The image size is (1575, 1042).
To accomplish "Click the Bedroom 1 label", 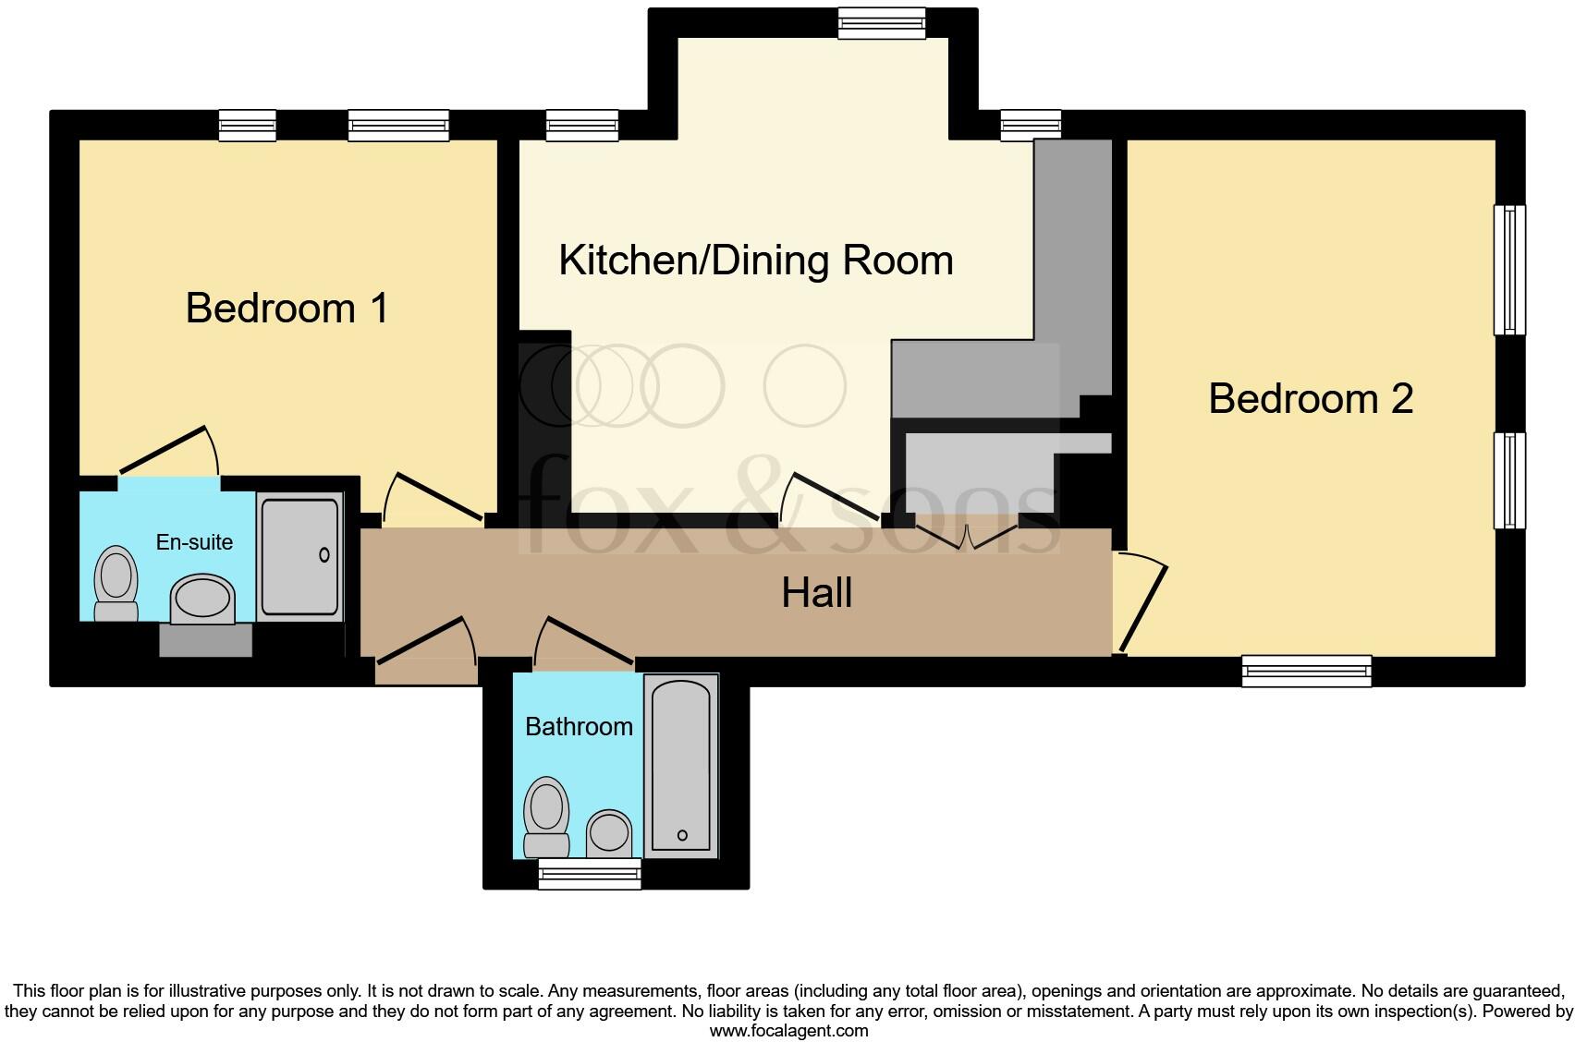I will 287,308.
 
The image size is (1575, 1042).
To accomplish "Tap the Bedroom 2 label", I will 1310,398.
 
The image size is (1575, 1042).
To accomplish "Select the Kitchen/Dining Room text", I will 755,260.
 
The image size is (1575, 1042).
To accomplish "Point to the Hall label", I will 816,592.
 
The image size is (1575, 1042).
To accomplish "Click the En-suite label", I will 194,542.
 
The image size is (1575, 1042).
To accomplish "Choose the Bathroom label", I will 579,726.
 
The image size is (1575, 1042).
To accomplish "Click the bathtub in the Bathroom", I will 681,765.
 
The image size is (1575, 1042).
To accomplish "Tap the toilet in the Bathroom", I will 545,817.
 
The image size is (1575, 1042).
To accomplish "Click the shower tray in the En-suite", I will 299,556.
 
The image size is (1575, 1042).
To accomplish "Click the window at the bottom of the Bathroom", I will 590,873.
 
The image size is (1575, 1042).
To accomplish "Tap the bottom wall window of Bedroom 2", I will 1306,670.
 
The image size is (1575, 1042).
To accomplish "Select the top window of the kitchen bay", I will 882,23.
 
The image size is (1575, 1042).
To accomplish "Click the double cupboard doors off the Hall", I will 966,536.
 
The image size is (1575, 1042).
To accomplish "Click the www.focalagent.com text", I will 787,1031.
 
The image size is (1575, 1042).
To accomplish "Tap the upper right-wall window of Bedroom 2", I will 1509,269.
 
